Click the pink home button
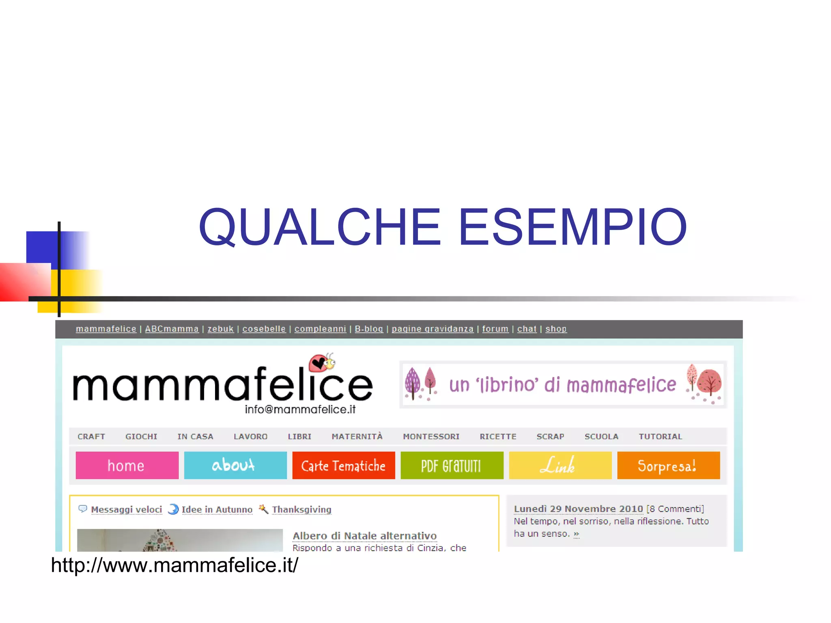[x=127, y=465]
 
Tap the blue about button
[x=235, y=465]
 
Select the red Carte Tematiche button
[x=343, y=465]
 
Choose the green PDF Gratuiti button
[x=452, y=465]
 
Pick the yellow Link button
[x=560, y=465]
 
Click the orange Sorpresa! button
[x=668, y=465]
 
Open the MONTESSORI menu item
[x=431, y=436]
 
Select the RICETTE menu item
[x=498, y=436]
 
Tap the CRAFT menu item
[x=91, y=436]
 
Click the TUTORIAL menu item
[x=660, y=436]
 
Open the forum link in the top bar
[x=495, y=329]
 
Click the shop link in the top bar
[x=556, y=329]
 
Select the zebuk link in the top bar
[x=220, y=329]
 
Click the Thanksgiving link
[x=301, y=509]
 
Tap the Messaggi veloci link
[x=126, y=509]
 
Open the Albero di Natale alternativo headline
[x=364, y=536]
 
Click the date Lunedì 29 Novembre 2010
[x=578, y=509]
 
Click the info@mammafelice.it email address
[x=300, y=409]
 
